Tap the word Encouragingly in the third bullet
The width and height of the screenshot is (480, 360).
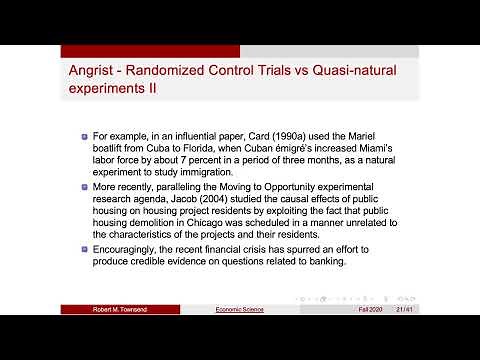click(x=127, y=251)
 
